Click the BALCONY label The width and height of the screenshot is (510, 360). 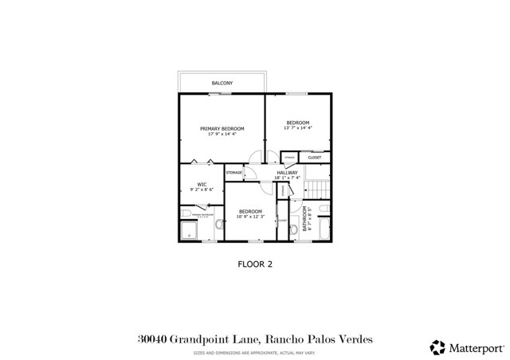coord(222,83)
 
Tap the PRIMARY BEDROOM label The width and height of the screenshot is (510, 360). coord(222,128)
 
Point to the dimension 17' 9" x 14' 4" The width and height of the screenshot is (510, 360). coord(222,134)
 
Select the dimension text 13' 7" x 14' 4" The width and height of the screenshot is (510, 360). coord(298,127)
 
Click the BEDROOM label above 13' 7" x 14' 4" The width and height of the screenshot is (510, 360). coord(298,122)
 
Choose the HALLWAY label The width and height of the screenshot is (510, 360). coord(287,172)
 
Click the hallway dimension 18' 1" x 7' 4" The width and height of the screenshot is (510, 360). coord(287,178)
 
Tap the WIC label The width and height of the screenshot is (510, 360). coord(202,185)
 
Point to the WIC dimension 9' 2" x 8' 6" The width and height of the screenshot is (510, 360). coord(202,190)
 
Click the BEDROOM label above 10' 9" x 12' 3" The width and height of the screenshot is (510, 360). coord(250,211)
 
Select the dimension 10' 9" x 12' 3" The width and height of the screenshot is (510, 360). coord(250,217)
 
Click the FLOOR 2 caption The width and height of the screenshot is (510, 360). coord(256,265)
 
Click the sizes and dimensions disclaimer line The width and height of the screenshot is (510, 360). coord(256,352)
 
